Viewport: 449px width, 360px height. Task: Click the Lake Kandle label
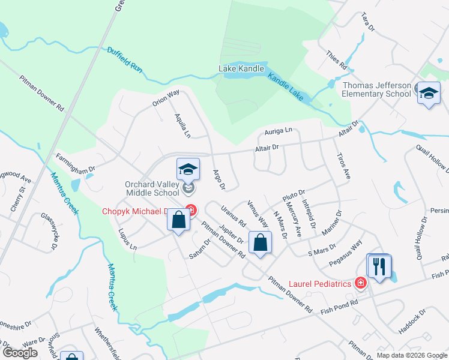[241, 68]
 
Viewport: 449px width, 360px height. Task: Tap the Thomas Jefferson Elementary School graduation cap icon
[429, 94]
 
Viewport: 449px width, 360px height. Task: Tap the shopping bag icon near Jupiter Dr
[260, 243]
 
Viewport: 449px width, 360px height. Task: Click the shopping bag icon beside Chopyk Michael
[178, 220]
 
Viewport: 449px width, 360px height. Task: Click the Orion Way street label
[166, 98]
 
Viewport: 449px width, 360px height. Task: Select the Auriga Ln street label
[278, 130]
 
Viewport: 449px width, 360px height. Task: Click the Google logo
[20, 353]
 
